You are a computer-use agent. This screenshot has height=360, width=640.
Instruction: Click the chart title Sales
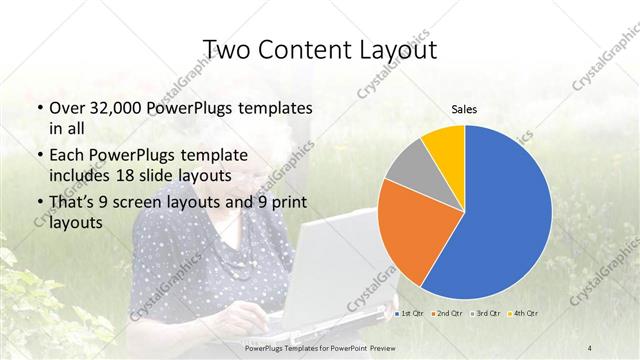(x=463, y=109)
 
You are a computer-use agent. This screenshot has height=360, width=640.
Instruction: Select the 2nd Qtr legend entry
(x=446, y=314)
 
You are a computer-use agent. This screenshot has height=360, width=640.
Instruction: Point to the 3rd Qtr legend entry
(x=486, y=314)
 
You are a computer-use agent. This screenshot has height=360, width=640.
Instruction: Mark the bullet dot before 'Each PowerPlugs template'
(x=39, y=156)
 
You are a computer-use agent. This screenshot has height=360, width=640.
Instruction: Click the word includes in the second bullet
(x=81, y=175)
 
